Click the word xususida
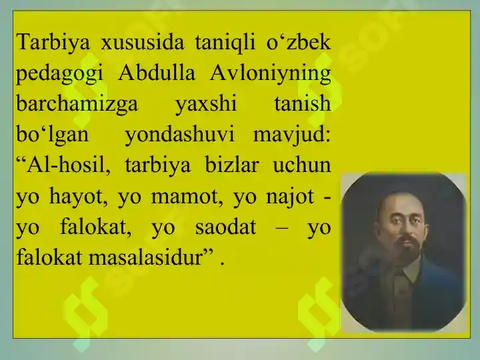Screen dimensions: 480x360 coord(143,42)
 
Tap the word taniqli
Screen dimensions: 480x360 coord(225,41)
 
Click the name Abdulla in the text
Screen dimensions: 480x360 coord(157,73)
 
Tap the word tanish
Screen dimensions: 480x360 coord(303,103)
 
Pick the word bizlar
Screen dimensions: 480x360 coord(232,165)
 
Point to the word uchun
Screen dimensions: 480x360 coord(302,165)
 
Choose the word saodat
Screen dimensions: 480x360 coord(225,227)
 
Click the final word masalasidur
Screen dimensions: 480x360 coord(146,257)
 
